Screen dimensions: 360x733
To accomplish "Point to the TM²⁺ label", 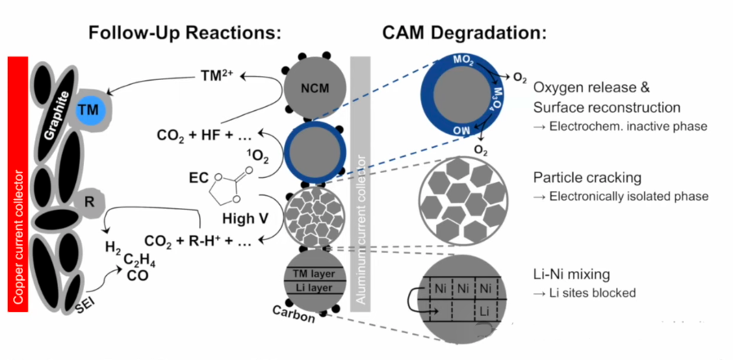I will coord(217,73).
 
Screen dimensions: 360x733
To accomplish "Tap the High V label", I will coord(246,218).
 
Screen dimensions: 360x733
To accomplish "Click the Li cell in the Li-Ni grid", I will coord(486,312).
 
